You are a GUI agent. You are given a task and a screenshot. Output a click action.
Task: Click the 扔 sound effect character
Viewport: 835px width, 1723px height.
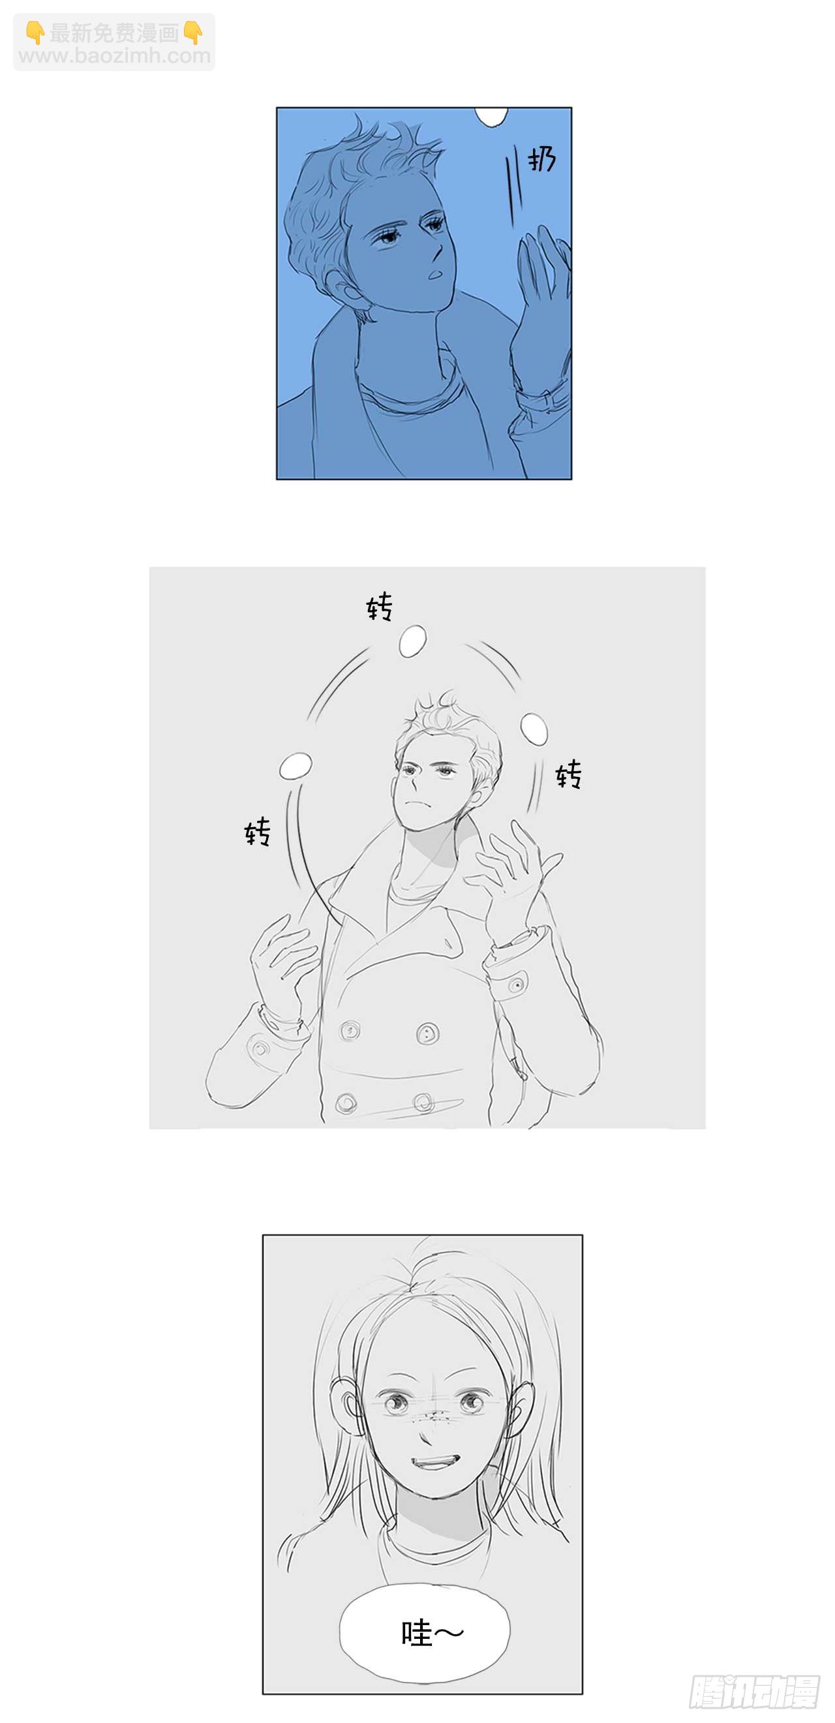[541, 159]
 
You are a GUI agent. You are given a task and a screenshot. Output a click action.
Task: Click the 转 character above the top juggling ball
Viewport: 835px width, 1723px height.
[380, 607]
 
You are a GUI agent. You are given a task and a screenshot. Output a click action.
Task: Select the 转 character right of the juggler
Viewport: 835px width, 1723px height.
[568, 774]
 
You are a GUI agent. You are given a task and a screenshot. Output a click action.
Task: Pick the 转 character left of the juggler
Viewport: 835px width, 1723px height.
[258, 831]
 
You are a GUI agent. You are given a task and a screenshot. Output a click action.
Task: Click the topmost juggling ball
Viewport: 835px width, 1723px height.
[412, 641]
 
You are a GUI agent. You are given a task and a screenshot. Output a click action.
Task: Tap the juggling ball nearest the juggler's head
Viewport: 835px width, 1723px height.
[534, 727]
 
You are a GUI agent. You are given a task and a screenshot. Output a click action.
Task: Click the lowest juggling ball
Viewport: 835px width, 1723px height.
[295, 765]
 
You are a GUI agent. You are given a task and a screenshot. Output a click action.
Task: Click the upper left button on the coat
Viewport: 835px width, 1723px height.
[349, 1031]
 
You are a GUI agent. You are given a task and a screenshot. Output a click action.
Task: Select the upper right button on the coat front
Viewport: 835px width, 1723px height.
[427, 1033]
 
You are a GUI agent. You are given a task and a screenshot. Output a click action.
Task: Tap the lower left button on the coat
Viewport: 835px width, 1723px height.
[346, 1102]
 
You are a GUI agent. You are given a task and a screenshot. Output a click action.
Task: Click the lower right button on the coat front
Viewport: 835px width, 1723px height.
[423, 1101]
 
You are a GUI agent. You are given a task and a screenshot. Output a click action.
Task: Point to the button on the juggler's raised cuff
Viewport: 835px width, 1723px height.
[516, 984]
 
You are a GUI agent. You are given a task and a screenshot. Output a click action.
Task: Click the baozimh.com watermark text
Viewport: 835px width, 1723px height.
[114, 55]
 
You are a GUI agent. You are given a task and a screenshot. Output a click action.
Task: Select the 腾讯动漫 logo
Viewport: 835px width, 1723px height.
[755, 1692]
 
